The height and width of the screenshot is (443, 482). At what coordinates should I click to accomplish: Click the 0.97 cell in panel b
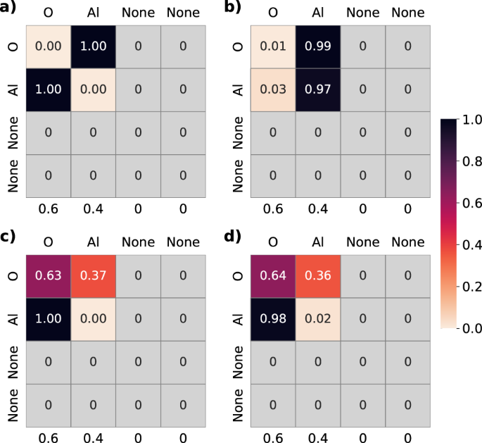(x=317, y=90)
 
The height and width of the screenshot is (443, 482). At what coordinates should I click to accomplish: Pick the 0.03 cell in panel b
(x=272, y=90)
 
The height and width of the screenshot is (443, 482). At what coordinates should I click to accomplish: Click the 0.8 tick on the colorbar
(x=471, y=161)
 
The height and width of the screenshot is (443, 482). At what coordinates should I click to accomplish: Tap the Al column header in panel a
(x=92, y=13)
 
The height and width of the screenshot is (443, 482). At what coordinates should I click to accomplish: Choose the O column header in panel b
(x=272, y=13)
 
